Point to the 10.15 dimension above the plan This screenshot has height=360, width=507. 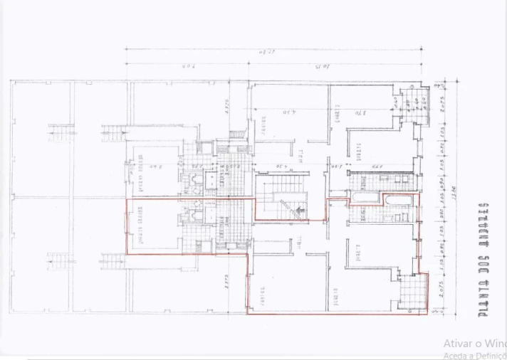328,67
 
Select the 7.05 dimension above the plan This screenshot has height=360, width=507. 188,67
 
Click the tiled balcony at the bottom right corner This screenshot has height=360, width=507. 414,291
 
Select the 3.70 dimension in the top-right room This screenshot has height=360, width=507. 362,112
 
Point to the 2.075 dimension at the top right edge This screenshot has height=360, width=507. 442,100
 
